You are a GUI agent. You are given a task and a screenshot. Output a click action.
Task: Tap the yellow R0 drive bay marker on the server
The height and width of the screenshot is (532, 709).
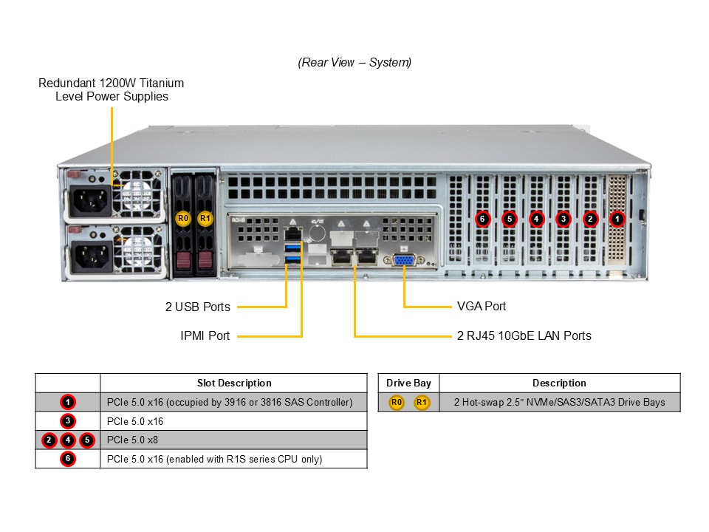(183, 219)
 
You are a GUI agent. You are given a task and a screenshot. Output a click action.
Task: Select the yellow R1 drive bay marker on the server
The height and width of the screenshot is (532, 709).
(205, 219)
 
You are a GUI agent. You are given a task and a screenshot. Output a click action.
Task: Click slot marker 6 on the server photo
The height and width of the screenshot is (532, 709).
(482, 219)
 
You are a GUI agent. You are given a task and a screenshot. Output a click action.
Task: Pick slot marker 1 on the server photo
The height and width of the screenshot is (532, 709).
(617, 219)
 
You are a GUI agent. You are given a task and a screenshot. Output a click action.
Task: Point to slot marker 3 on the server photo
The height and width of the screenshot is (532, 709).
(563, 219)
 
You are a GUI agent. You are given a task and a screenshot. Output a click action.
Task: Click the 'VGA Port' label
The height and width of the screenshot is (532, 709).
(482, 306)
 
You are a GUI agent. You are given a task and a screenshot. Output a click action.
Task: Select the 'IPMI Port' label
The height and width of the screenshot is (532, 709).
(205, 335)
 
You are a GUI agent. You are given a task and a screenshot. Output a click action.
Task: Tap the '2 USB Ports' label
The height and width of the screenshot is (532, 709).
(198, 307)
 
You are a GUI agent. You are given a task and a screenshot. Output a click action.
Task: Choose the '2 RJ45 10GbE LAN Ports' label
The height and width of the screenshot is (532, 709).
(524, 335)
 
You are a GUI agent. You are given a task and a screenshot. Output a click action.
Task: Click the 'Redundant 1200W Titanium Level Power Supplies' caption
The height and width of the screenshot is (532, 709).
(112, 89)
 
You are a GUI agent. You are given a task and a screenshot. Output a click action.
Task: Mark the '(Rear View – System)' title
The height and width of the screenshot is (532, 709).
(354, 63)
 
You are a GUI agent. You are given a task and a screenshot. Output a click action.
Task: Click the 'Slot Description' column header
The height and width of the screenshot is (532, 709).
(234, 383)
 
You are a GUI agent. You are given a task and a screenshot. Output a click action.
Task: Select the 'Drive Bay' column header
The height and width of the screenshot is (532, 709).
(408, 383)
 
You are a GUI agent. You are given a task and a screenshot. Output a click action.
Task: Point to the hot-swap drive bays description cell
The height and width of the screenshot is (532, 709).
(559, 402)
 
